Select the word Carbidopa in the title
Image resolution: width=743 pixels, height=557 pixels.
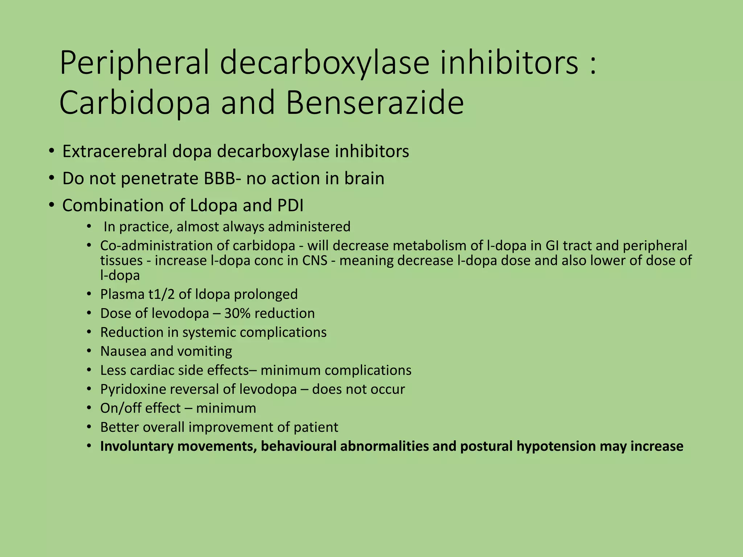point(135,103)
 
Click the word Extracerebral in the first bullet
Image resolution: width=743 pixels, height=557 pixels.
point(115,152)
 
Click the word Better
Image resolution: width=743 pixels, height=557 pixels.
point(119,427)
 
